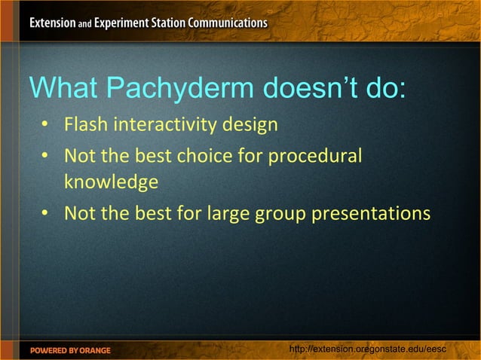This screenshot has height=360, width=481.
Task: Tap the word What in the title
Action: tap(63, 89)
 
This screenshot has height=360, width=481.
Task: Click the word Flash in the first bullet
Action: tap(86, 124)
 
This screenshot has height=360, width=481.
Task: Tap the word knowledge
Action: tap(111, 182)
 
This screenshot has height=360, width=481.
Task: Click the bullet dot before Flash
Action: tap(46, 124)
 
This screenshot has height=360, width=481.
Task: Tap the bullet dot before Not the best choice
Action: tap(46, 157)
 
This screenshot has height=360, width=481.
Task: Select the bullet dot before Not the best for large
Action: tap(46, 215)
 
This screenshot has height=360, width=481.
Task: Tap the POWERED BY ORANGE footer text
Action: tap(70, 350)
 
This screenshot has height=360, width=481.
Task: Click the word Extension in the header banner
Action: tap(53, 23)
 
